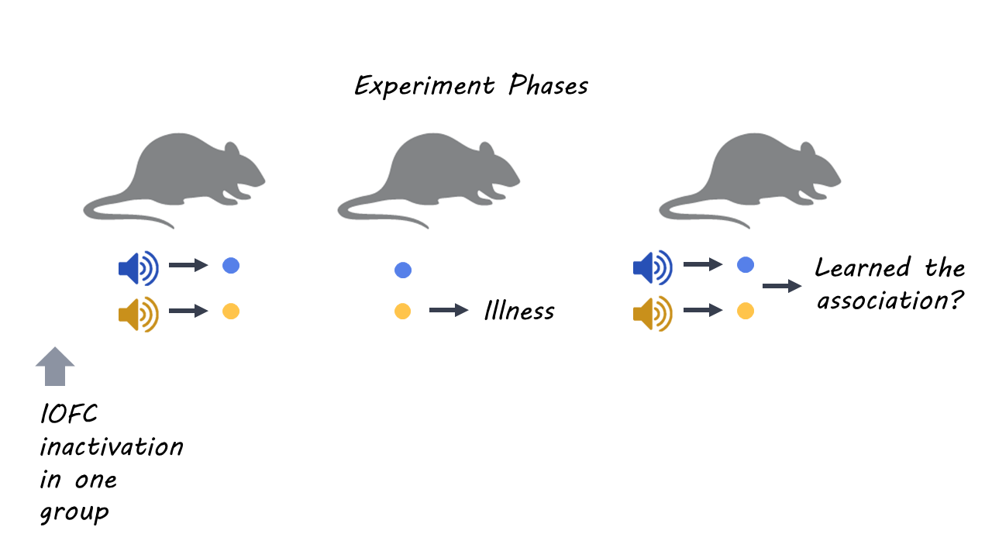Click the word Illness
[x=519, y=312]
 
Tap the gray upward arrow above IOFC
[x=55, y=367]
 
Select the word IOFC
[x=69, y=415]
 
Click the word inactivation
[x=112, y=447]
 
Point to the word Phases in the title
[x=548, y=86]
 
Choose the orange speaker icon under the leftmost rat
[x=138, y=314]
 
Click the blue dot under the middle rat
[x=402, y=270]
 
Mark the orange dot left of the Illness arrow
[x=402, y=312]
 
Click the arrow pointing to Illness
[x=449, y=311]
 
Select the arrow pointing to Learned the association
[x=781, y=286]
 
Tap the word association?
[x=890, y=301]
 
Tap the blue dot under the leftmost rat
[x=231, y=266]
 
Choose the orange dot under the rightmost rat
[x=745, y=311]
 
